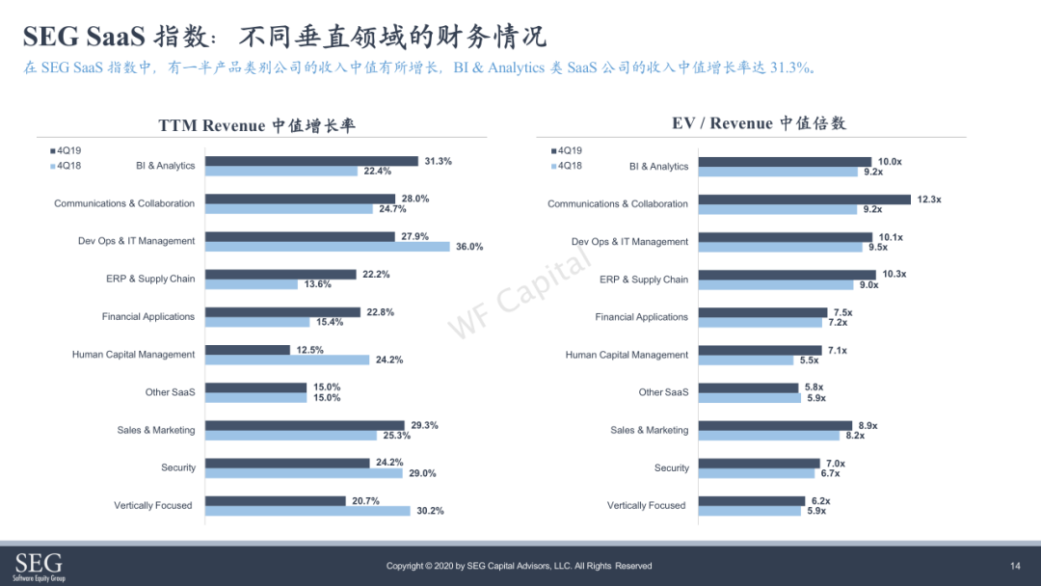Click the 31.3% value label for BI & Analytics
439,161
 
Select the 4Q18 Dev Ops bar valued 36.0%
328,247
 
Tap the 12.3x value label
929,200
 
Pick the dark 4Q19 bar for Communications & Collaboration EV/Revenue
805,200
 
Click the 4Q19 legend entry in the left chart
66,150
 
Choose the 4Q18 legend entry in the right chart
567,166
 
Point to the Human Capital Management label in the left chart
133,355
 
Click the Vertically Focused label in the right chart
646,505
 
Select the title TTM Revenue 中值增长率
257,125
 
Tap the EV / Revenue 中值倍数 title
759,122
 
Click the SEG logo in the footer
40,566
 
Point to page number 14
1015,566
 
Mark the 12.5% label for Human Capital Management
310,350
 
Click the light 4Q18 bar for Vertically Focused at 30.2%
307,511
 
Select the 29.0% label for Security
422,473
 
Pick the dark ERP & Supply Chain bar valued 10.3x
787,275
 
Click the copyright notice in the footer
520,566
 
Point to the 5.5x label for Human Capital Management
810,360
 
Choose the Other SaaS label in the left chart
170,392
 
